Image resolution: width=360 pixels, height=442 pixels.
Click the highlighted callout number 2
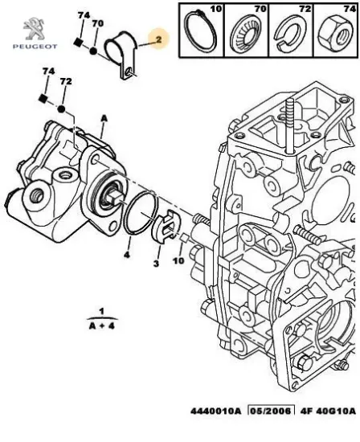[159, 39]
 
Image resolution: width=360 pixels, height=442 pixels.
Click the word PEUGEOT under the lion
[35, 47]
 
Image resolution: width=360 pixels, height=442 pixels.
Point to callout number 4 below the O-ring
[127, 255]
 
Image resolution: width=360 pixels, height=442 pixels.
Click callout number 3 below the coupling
[156, 264]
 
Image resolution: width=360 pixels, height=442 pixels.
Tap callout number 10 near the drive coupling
[178, 260]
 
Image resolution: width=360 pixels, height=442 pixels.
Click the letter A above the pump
[104, 120]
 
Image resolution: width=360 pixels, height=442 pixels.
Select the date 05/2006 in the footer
[271, 411]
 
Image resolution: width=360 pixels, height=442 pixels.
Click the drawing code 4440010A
[215, 411]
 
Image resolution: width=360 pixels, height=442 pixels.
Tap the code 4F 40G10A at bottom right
[328, 411]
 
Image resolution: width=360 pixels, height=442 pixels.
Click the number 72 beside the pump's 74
[66, 82]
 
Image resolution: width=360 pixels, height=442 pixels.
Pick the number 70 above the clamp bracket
[97, 23]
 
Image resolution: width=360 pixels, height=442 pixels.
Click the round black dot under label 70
[93, 51]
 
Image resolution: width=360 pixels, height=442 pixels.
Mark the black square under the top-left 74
[77, 43]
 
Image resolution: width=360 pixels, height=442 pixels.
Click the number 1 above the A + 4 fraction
[102, 311]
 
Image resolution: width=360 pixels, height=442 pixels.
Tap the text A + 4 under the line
[102, 326]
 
